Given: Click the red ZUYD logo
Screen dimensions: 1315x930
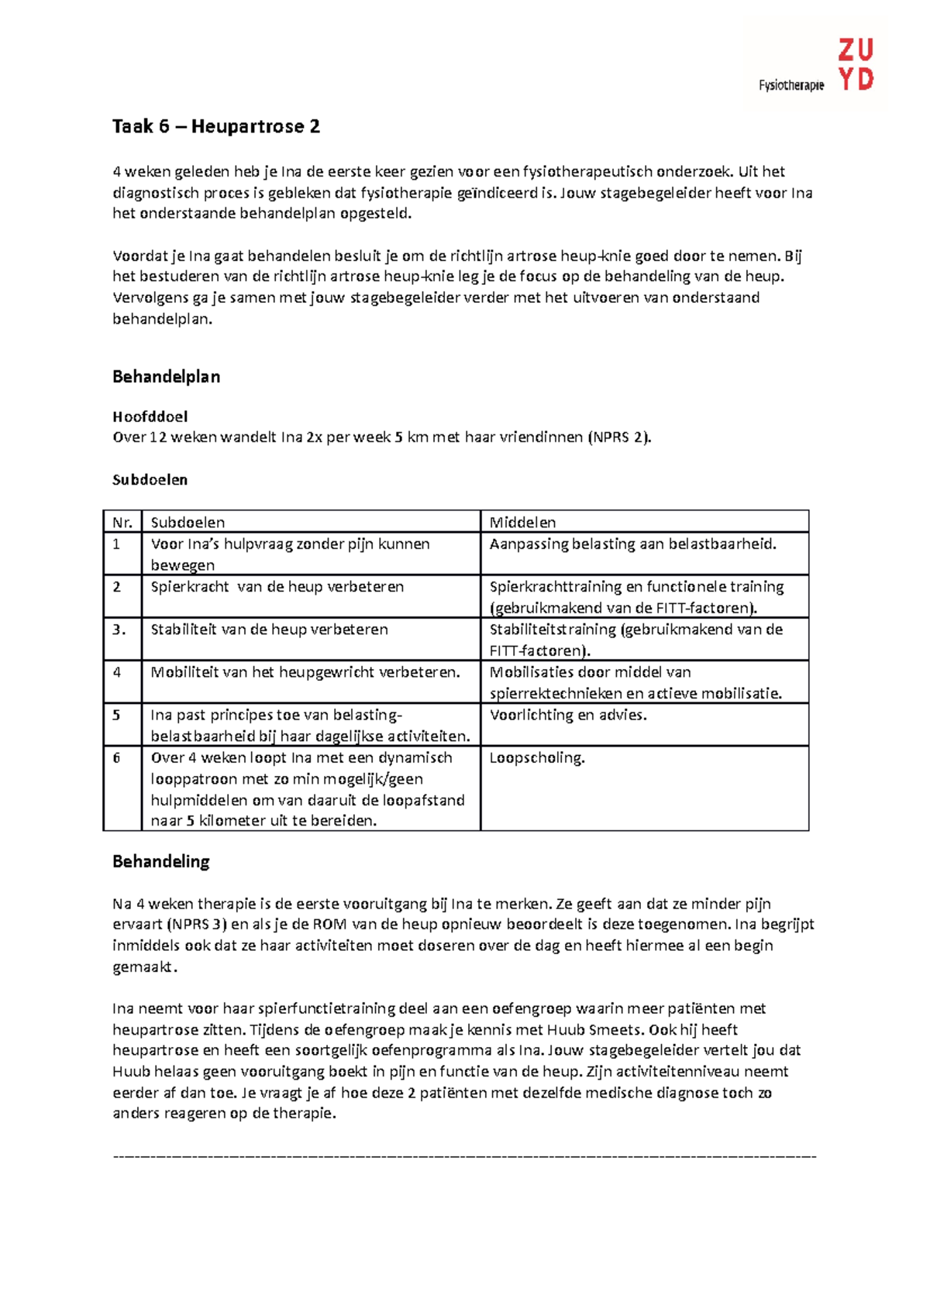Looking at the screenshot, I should click(x=856, y=66).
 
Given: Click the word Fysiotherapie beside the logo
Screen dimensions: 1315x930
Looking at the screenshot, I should click(x=791, y=85).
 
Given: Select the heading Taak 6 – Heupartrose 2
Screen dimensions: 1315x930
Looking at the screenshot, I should click(x=216, y=126).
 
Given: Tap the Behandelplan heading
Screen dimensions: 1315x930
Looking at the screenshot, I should click(x=167, y=377).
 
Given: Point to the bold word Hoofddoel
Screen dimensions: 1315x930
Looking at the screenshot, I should click(x=150, y=417).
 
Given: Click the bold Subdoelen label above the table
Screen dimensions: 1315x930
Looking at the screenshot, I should click(x=150, y=480).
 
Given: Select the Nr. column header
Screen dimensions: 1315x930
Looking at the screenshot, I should click(x=122, y=523).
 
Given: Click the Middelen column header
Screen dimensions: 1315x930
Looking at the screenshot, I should click(x=522, y=523).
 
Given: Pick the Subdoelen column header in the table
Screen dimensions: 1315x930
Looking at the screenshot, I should click(x=188, y=523).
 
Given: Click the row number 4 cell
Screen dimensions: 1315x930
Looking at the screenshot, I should click(x=117, y=672).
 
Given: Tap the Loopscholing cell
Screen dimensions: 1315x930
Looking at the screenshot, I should click(x=537, y=758).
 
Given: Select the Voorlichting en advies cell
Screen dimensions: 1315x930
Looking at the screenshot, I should click(x=568, y=716).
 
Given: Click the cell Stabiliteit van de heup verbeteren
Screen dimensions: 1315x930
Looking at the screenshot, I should click(x=269, y=630).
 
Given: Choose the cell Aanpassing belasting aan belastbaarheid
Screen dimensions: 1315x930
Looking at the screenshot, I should click(x=632, y=544).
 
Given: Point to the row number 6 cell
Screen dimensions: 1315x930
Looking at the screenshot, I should click(x=117, y=758).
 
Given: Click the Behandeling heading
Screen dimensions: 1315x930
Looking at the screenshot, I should click(x=161, y=862).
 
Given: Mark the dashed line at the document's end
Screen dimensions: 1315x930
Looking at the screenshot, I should click(x=465, y=1156).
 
